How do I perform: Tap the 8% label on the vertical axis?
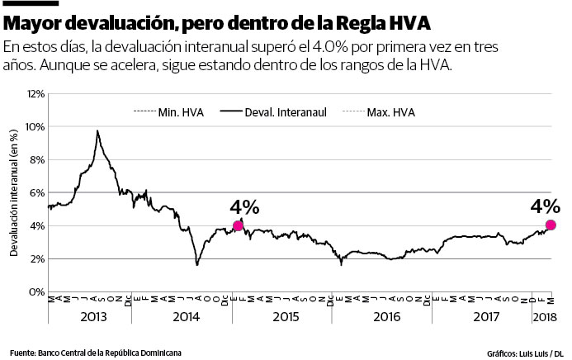(x=36, y=160)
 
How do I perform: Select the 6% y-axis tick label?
(x=36, y=193)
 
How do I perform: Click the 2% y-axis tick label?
(x=36, y=258)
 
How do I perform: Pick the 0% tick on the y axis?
(x=36, y=291)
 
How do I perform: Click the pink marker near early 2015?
(x=239, y=225)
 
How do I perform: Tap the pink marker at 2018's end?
(x=551, y=225)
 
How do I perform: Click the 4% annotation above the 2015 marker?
(x=244, y=206)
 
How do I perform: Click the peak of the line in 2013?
(x=97, y=130)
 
